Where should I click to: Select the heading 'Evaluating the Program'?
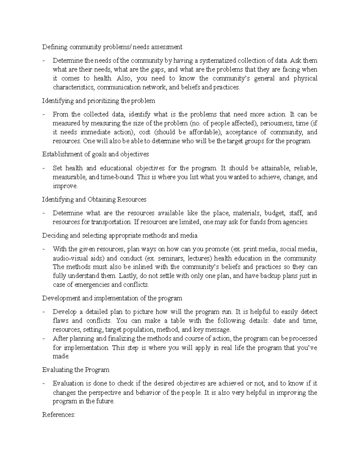click(x=76, y=370)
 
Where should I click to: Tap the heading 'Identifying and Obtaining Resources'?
click(x=94, y=200)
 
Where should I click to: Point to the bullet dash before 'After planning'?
click(x=44, y=339)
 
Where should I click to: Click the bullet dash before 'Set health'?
click(x=44, y=168)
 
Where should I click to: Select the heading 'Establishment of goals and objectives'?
click(x=95, y=155)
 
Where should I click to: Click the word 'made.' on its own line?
click(x=61, y=356)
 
